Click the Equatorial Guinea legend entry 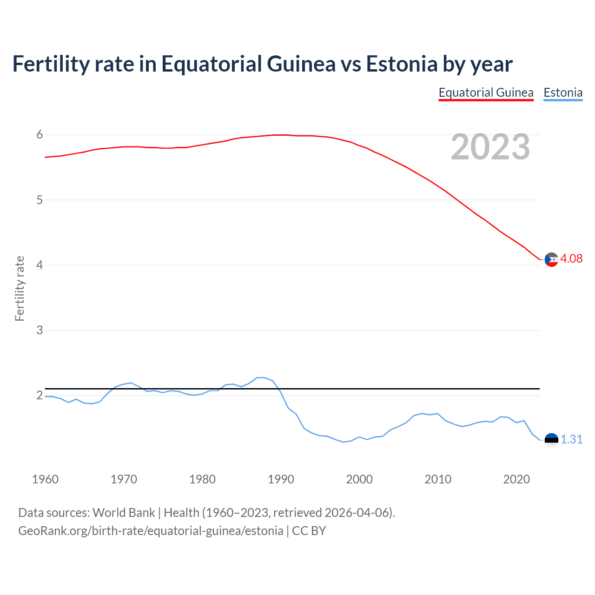[x=486, y=93]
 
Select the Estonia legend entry [x=563, y=93]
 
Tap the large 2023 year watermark [x=490, y=147]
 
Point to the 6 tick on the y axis [x=40, y=135]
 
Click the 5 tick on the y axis [x=40, y=200]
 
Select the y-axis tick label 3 [x=40, y=330]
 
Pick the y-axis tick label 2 [x=40, y=395]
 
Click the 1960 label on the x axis [x=45, y=479]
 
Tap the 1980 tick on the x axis [x=202, y=479]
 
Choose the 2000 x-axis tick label [x=359, y=479]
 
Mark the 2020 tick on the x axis [x=516, y=479]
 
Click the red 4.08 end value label [x=571, y=259]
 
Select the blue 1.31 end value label [x=571, y=439]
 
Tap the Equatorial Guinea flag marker [x=551, y=259]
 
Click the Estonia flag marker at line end [x=551, y=440]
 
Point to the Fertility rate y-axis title [x=20, y=288]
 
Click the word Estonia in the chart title [x=402, y=64]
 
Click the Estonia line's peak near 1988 [x=261, y=377]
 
